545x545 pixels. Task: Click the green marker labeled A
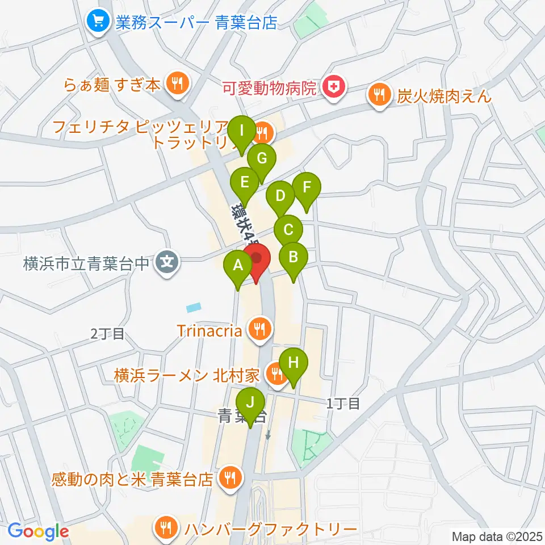[x=238, y=265]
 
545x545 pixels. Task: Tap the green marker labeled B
[x=293, y=258]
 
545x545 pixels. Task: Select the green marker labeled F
[x=307, y=187]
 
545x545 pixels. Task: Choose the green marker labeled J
[x=250, y=403]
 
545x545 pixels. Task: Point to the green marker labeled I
[x=242, y=131]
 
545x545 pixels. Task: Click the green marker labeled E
[x=245, y=183]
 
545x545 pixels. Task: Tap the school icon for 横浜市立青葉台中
[x=167, y=262]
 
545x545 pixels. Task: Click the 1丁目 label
[x=343, y=404]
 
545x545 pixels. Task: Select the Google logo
[x=38, y=531]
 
